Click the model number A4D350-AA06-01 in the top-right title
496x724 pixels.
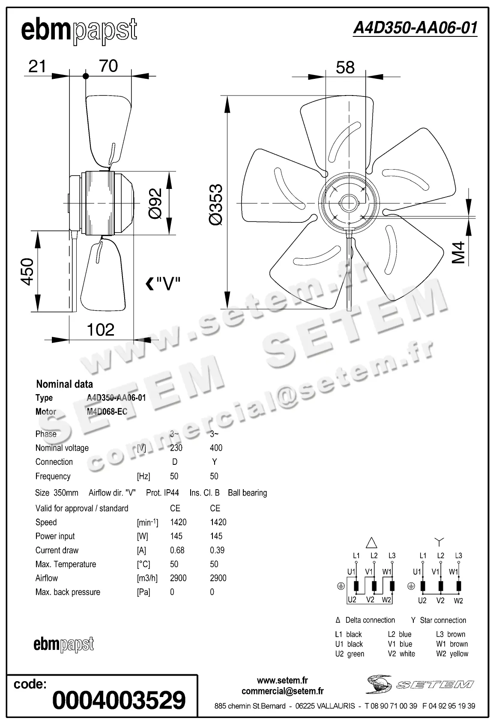415,28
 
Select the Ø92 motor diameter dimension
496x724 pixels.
155,203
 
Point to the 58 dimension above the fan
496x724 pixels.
345,67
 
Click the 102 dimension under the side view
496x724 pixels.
101,329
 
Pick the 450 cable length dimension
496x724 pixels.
27,272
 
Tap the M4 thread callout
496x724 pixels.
459,252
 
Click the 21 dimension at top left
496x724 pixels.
37,66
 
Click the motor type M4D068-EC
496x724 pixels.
107,412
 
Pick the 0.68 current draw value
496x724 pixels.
177,550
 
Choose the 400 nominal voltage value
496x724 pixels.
216,448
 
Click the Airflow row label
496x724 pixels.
47,578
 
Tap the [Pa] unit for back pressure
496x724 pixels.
143,592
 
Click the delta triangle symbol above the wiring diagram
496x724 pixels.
371,543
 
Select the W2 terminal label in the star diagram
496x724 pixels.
458,601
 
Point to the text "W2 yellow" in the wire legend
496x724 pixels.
452,654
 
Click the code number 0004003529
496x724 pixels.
119,700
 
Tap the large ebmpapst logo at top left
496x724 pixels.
79,31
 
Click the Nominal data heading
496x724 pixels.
64,384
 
